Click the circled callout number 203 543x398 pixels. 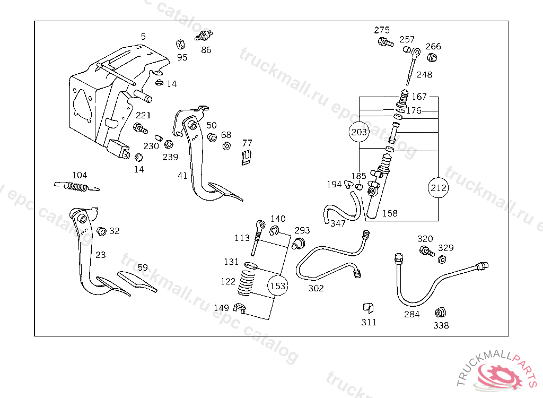(359, 132)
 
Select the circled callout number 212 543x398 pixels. (438, 187)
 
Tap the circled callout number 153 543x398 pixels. (278, 285)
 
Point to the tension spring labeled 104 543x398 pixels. (77, 186)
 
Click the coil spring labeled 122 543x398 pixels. (246, 282)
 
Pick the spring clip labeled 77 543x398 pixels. (246, 158)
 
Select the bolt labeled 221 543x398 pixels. (141, 128)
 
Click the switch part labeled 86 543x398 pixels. (204, 36)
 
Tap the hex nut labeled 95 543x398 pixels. (180, 45)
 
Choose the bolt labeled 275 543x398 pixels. (386, 42)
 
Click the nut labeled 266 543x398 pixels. (432, 57)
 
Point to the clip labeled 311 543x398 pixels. (368, 307)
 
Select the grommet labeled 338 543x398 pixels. (441, 313)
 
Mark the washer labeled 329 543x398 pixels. (442, 259)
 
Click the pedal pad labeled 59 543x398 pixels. (137, 281)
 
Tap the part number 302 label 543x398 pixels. (316, 288)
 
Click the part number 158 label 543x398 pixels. (390, 213)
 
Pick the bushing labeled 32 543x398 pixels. (101, 231)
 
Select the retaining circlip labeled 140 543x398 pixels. (275, 230)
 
